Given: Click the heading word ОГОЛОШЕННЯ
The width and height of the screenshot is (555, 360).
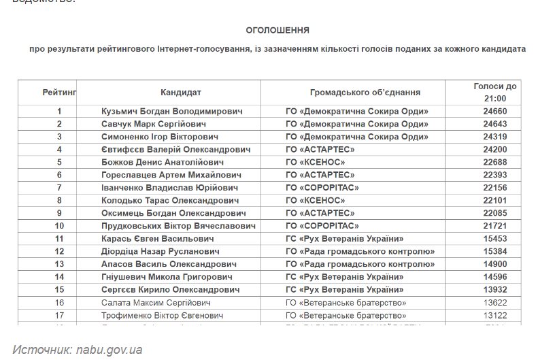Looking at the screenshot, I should point(277,31).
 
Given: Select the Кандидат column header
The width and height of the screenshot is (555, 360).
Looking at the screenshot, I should point(181,92).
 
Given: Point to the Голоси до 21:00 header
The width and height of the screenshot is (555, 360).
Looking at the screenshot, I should point(494,92).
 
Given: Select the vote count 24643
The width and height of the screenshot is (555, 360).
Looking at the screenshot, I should point(494,124).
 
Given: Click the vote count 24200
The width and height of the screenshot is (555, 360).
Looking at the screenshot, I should point(494,150).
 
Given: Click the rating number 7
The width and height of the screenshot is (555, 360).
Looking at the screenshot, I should point(59,188).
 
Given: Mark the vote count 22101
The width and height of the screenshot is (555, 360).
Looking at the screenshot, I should point(494,201).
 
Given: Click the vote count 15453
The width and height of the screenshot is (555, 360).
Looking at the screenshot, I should point(494,239).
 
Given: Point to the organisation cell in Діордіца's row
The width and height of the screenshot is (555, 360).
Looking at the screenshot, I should point(360,252).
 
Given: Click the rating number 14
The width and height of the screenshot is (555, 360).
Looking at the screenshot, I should point(59,277).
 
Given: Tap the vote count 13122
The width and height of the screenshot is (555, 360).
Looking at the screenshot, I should point(494,316).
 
